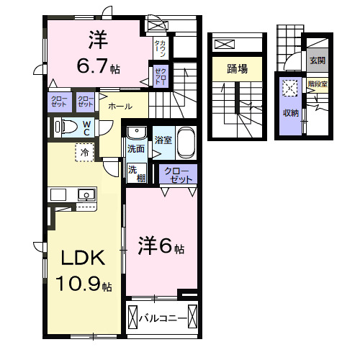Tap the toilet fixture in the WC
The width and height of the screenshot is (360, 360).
pyautogui.click(x=67, y=128)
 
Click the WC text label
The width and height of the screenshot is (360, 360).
pyautogui.click(x=85, y=128)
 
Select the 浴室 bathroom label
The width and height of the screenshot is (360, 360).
pyautogui.click(x=162, y=139)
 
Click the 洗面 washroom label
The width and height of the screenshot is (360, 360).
pyautogui.click(x=135, y=149)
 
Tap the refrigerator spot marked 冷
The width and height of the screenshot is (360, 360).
pyautogui.click(x=84, y=153)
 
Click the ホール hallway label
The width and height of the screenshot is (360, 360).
pyautogui.click(x=120, y=107)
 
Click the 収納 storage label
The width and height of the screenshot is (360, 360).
pyautogui.click(x=290, y=113)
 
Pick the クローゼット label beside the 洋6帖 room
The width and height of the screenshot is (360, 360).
pyautogui.click(x=178, y=174)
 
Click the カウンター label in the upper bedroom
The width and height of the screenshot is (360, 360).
pyautogui.click(x=162, y=50)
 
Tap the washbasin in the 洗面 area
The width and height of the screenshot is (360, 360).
pyautogui.click(x=135, y=134)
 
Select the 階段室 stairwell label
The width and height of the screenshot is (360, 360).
pyautogui.click(x=317, y=84)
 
